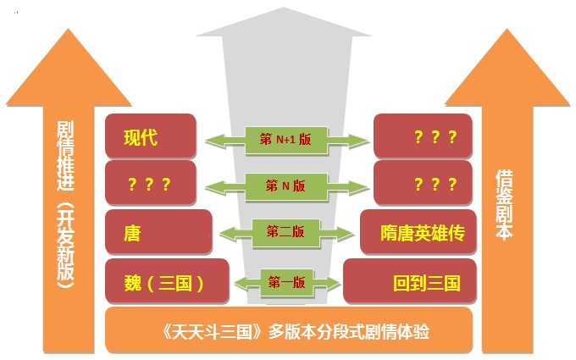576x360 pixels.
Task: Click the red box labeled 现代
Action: click(151, 136)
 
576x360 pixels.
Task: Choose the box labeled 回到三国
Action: click(409, 280)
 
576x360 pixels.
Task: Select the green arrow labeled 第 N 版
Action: click(285, 185)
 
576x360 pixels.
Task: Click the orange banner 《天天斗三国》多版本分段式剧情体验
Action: click(288, 330)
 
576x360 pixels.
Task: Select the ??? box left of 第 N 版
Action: click(151, 184)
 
